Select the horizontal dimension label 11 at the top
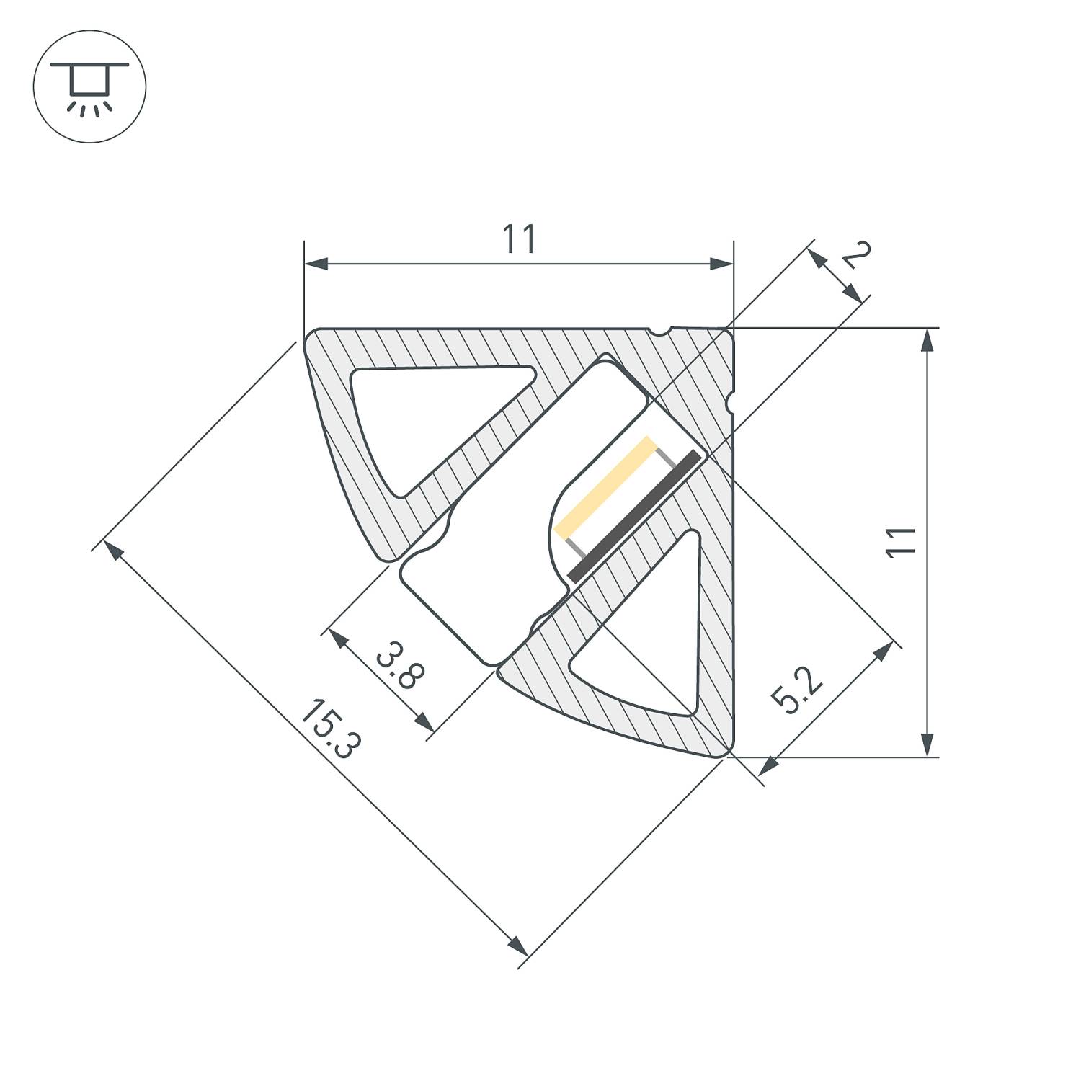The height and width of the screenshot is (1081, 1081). tap(519, 240)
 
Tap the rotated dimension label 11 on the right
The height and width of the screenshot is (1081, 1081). tap(901, 542)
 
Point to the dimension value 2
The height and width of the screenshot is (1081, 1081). tap(856, 256)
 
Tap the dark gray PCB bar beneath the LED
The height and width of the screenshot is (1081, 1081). tap(634, 516)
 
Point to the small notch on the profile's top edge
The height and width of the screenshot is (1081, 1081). tap(659, 332)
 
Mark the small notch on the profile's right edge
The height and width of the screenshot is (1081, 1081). tap(731, 401)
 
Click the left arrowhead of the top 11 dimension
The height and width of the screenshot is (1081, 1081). tap(314, 264)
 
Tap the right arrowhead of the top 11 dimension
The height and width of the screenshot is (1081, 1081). tap(722, 264)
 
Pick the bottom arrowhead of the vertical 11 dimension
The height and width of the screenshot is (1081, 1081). tap(928, 746)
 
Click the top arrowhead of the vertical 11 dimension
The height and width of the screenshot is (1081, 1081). tap(928, 339)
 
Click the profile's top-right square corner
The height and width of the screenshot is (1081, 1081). tap(729, 331)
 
